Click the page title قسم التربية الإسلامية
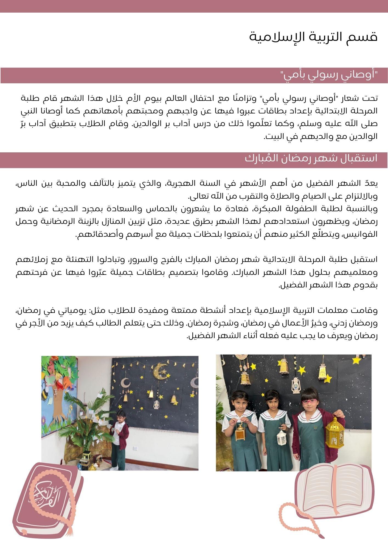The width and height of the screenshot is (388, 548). [313, 37]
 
